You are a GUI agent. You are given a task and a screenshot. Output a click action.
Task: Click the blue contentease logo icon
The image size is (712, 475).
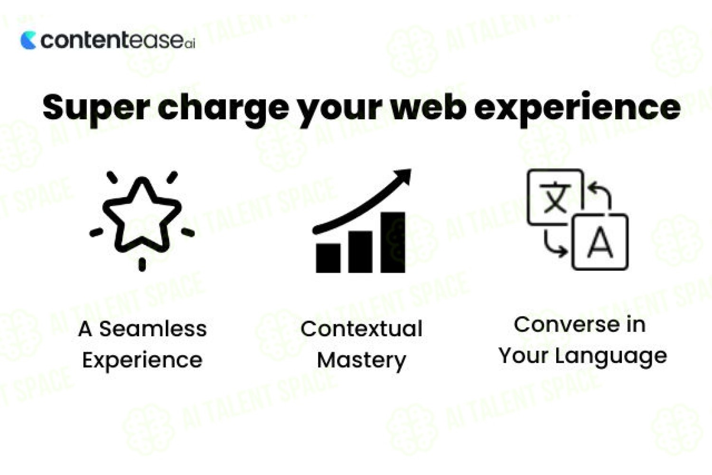pos(28,40)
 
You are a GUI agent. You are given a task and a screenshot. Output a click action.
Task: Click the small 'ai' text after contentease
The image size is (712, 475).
pos(190,45)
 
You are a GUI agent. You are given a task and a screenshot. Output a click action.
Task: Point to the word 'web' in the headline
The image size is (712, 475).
pos(429,107)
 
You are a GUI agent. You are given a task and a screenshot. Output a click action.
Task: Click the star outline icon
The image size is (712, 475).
pos(142,215)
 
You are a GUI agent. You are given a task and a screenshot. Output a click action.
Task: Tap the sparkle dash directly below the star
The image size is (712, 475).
pos(142,265)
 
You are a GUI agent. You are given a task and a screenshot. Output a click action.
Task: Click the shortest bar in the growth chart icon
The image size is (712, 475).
pos(328,258)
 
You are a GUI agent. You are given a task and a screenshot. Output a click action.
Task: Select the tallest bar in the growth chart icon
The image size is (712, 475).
pos(393,242)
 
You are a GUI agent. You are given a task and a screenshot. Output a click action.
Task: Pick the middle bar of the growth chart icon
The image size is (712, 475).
pos(360,252)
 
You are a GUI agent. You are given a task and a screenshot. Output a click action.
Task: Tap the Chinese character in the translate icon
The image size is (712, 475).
pos(555,197)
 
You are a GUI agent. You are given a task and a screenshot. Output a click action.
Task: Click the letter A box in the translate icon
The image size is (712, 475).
pos(600,242)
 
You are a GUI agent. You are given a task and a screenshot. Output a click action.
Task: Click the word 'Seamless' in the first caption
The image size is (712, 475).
pos(153,329)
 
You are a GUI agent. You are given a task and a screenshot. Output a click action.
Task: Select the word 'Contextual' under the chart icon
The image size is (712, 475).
pos(361,329)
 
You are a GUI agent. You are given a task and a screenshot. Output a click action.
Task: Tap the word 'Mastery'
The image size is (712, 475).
pos(361,361)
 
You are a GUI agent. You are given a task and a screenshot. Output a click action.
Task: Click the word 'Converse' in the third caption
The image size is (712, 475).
pos(566,325)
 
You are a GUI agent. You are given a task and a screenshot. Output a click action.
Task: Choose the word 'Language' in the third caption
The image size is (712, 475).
pos(611,357)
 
